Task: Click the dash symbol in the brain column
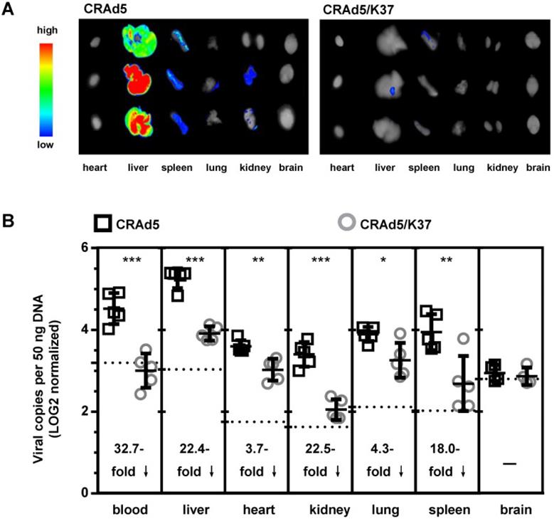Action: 508,463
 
